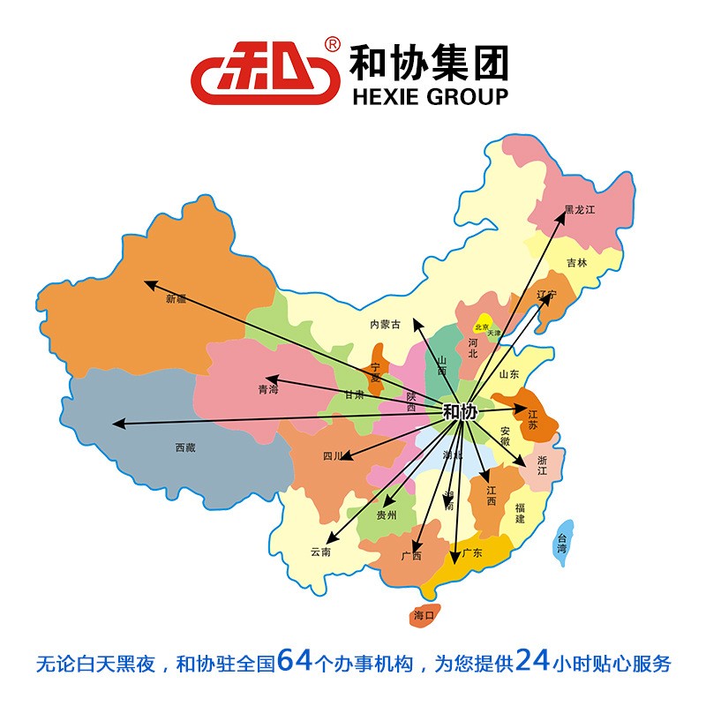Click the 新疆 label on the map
coord(176,298)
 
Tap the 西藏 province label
coord(185,447)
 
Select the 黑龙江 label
coord(581,210)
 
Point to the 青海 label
coord(267,389)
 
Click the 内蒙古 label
coord(385,325)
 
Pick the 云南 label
coord(319,552)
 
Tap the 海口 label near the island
coord(424,615)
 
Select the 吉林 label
coord(576,262)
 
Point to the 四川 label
coord(332,456)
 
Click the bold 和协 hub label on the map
coord(459,411)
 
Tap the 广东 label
coord(472,553)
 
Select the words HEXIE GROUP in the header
coord(430,96)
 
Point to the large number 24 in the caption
coord(534,661)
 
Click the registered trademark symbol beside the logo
coord(333,43)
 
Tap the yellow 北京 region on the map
coord(483,325)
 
